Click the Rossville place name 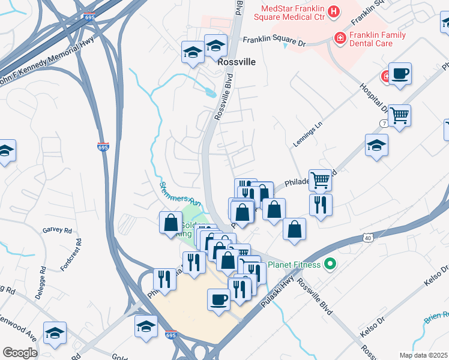pyautogui.click(x=237, y=62)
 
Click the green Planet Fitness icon pyautogui.click(x=329, y=263)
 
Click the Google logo pyautogui.click(x=20, y=353)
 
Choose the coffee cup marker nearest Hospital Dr pyautogui.click(x=400, y=74)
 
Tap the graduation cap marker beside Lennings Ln pyautogui.click(x=376, y=145)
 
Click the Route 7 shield pyautogui.click(x=383, y=123)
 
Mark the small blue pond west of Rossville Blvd pyautogui.click(x=209, y=93)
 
